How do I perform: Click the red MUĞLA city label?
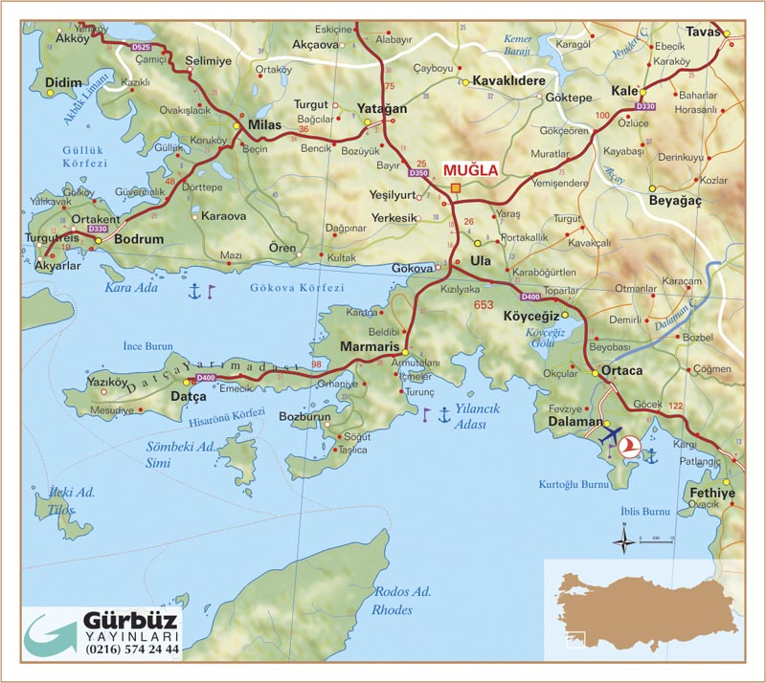click(x=470, y=170)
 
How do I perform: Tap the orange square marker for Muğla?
click(x=457, y=187)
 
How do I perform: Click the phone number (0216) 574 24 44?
click(x=132, y=650)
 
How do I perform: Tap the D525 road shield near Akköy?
click(x=141, y=45)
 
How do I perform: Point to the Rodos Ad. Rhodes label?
click(x=393, y=600)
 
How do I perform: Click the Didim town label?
click(x=64, y=84)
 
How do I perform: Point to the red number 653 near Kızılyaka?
click(x=483, y=304)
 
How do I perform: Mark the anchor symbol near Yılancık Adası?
click(x=443, y=414)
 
